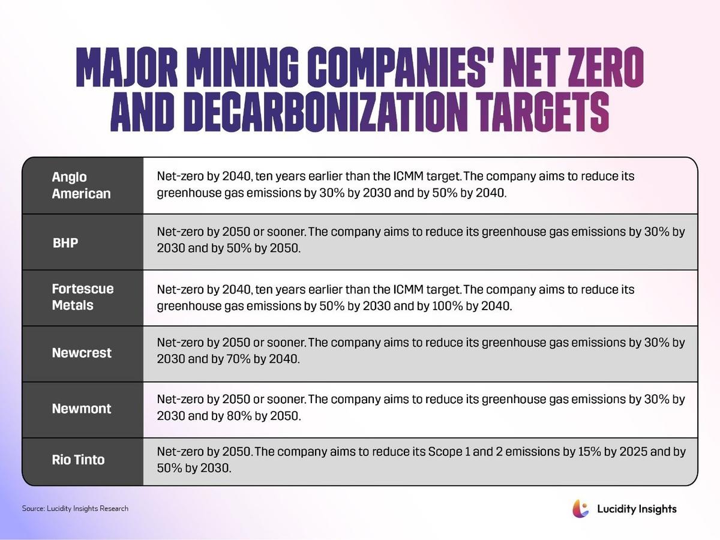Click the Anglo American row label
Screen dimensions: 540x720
81,185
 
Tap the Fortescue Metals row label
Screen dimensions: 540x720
82,297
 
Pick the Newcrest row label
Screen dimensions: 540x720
82,353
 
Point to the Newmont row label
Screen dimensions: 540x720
81,409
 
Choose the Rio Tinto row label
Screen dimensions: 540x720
78,460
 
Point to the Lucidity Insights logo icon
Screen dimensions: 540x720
581,508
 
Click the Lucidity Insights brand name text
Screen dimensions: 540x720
637,509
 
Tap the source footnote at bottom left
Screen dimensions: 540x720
75,508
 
